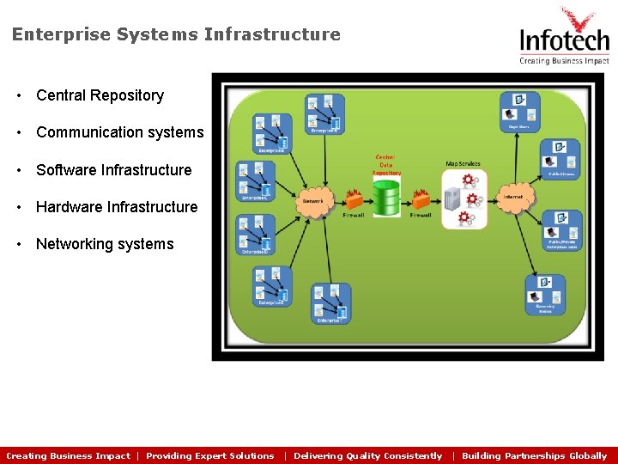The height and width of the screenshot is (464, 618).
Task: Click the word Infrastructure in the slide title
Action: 272,34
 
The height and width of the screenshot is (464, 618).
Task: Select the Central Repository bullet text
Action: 100,95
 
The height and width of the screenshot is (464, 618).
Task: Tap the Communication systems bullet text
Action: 119,132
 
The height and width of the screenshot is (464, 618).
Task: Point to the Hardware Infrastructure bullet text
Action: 117,207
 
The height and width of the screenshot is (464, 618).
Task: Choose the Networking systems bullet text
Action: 105,244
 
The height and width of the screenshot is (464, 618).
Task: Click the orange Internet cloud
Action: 513,198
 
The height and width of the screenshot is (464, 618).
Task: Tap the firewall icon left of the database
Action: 353,199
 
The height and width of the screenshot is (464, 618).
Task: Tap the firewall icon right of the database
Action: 421,199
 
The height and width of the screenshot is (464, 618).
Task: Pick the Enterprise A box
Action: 324,114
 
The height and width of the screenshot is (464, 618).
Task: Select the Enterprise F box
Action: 330,303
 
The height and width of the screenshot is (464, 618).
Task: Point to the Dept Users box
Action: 520,111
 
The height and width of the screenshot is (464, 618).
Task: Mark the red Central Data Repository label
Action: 386,165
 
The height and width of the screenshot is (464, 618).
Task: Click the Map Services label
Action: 463,163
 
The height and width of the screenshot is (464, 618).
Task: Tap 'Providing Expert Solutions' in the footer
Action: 210,456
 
